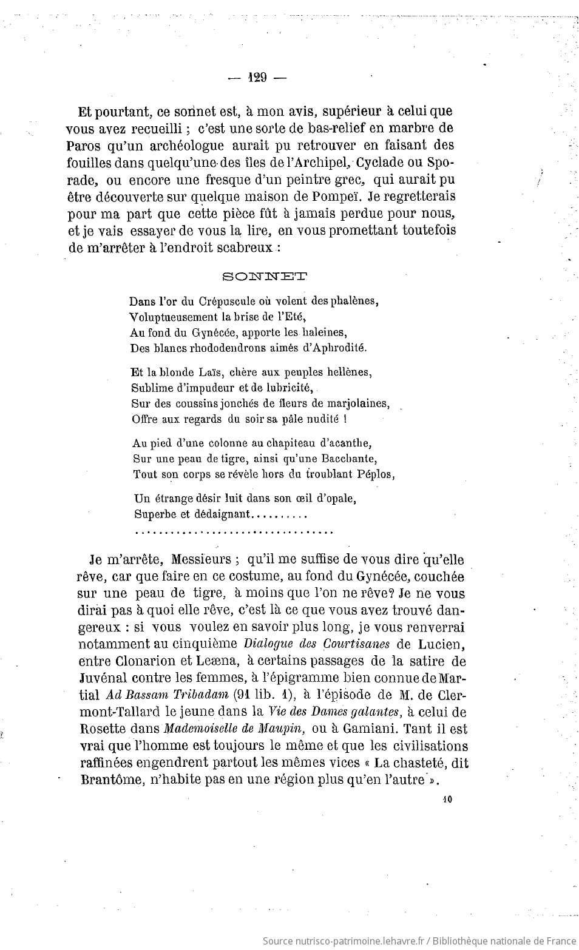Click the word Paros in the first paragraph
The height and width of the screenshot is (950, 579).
tap(81, 146)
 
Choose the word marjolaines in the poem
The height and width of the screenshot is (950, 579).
tap(359, 403)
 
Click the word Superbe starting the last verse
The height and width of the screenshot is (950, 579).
tap(152, 514)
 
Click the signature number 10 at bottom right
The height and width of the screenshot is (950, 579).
tap(448, 800)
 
